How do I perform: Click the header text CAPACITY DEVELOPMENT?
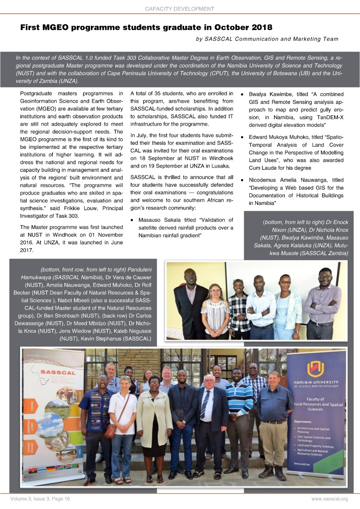click(180, 8)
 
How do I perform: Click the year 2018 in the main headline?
click(259, 28)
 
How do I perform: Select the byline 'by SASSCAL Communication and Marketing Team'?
click(267, 39)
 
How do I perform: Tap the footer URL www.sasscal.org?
click(329, 499)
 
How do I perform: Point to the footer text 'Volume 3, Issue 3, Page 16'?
click(41, 499)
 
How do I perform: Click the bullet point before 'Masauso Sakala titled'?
click(133, 220)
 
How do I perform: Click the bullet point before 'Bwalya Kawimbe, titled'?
click(242, 94)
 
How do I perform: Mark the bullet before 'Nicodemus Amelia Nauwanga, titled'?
click(242, 181)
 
